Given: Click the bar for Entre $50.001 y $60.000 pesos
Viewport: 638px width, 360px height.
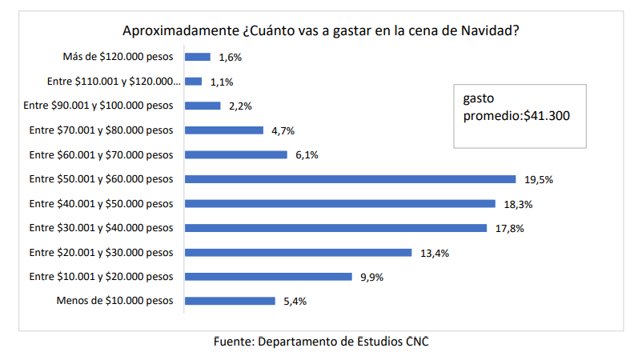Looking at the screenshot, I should tap(350, 179).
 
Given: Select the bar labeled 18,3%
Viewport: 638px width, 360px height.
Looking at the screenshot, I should tap(340, 203).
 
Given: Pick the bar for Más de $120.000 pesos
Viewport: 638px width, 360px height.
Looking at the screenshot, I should tap(197, 57).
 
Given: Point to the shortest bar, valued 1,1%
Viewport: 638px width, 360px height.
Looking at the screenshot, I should tap(193, 82).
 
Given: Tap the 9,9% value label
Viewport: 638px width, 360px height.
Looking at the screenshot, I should tap(372, 278).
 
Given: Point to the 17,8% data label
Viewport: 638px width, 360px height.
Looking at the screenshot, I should tap(510, 228).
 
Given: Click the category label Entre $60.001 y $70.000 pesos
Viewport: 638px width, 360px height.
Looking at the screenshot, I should tap(101, 155).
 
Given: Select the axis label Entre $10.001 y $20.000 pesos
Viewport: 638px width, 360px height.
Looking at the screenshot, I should tap(101, 278).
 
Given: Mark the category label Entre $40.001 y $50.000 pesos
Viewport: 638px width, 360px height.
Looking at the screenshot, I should tap(101, 204).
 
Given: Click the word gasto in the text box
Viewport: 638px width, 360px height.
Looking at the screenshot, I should tap(480, 99).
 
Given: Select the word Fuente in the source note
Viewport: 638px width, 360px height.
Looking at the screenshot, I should tap(235, 342).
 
